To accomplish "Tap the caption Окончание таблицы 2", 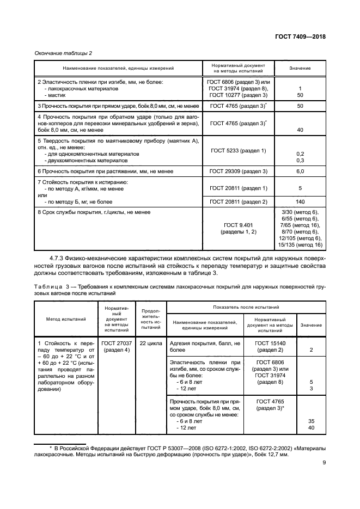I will coord(63,53).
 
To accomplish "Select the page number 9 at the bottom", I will coord(324,479).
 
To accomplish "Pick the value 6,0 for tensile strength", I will coord(300,171).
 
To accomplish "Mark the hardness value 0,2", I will coord(300,154).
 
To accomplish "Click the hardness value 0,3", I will coord(300,161).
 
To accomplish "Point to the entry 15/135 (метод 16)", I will coord(300,245).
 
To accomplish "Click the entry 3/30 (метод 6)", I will coord(300,212).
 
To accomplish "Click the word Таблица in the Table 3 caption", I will coord(50,285).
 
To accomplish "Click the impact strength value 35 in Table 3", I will coord(311,421).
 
